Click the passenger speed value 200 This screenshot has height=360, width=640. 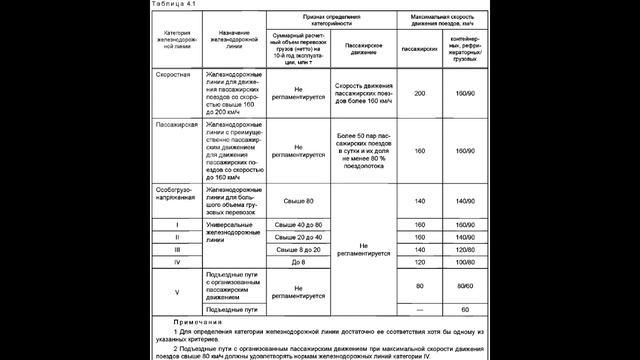pos(420,93)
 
